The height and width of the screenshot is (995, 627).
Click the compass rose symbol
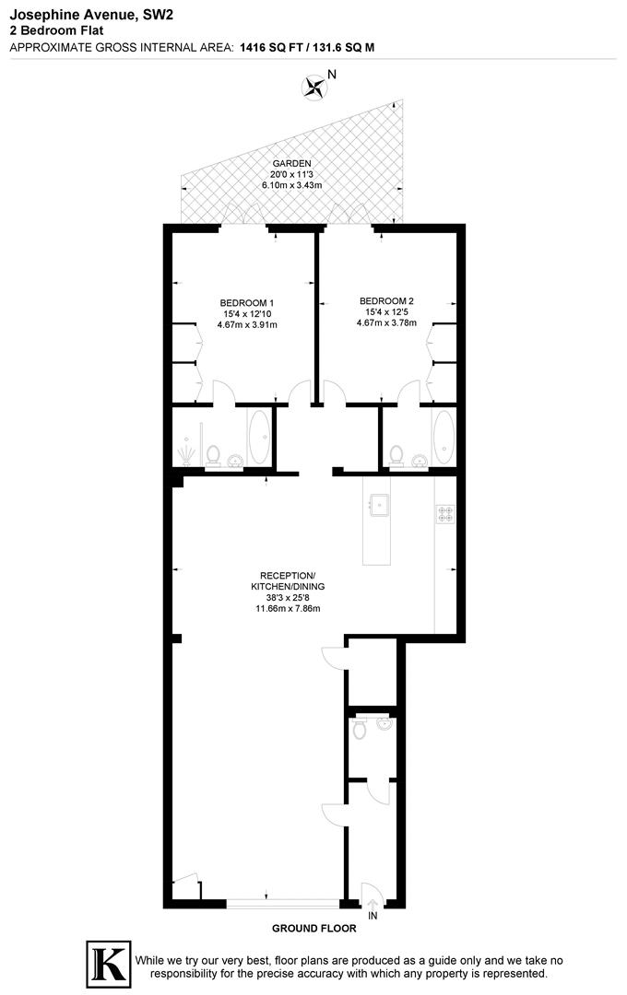point(315,88)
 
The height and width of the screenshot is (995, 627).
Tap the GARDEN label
point(285,163)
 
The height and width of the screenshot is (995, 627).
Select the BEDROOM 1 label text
point(246,302)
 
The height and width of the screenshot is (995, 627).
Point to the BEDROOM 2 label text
point(386,300)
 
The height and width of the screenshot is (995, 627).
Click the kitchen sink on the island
point(379,504)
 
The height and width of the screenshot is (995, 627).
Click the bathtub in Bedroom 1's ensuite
point(258,438)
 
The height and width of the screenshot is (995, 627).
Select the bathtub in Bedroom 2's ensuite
point(444,438)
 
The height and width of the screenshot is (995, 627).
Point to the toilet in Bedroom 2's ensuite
point(397,453)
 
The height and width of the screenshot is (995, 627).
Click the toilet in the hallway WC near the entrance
point(360,729)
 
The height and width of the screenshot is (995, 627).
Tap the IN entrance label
point(372,917)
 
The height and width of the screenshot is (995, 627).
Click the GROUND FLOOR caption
point(314,929)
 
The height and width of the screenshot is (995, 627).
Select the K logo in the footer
point(107,964)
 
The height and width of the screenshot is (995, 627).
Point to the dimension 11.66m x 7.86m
point(288,607)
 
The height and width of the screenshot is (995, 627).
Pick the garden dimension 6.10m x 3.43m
point(285,185)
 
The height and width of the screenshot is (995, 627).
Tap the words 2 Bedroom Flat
point(56,29)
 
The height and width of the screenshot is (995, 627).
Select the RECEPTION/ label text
point(287,575)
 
